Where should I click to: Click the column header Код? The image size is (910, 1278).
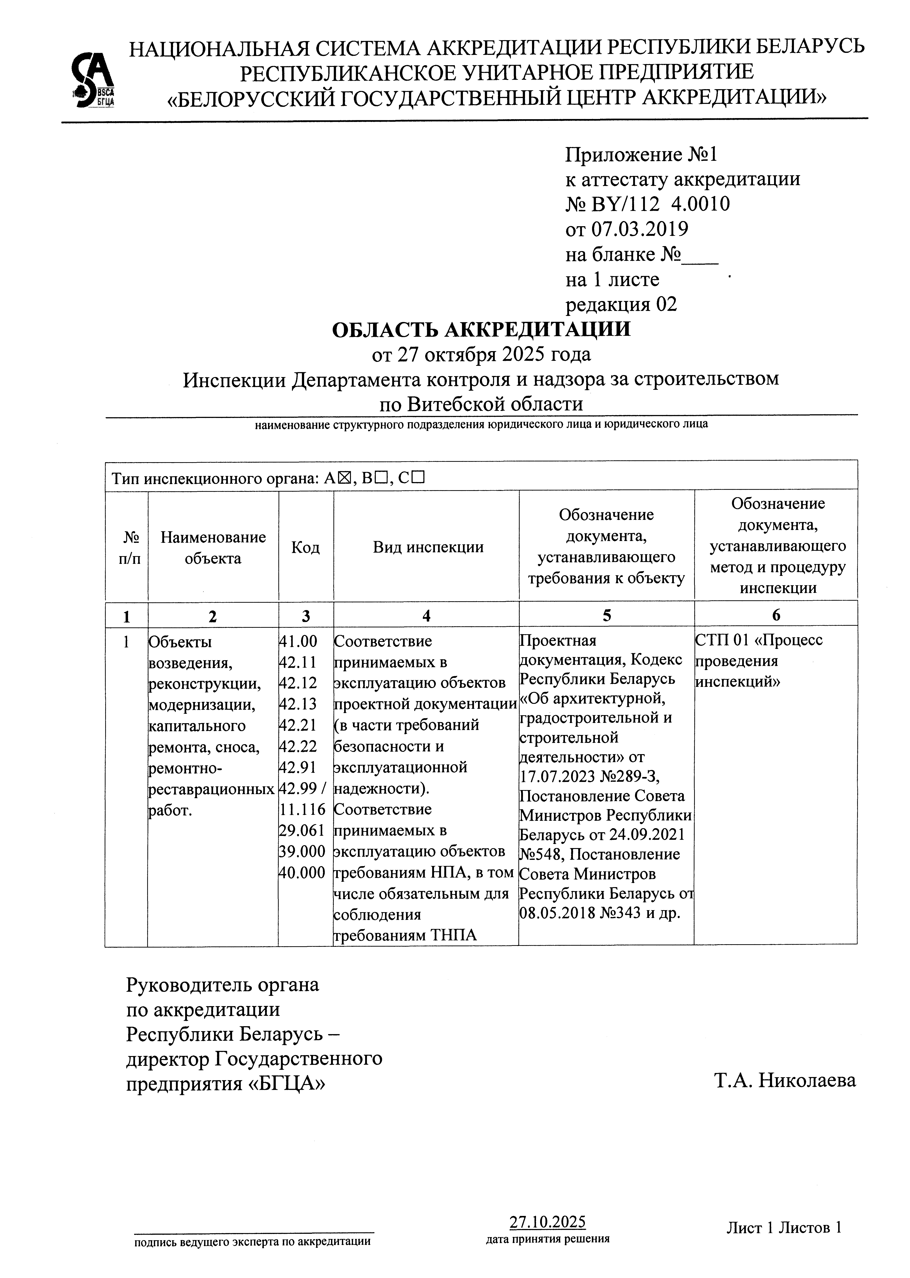pyautogui.click(x=305, y=547)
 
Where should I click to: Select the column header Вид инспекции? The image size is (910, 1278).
pyautogui.click(x=428, y=547)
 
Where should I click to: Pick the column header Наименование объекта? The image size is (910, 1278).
pyautogui.click(x=213, y=547)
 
